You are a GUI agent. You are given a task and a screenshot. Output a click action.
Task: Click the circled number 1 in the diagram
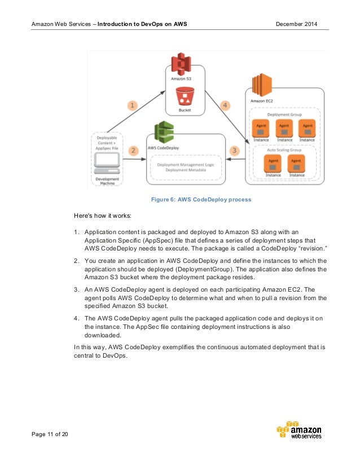click(x=132, y=105)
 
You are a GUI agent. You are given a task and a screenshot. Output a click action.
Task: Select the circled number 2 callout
click(x=134, y=151)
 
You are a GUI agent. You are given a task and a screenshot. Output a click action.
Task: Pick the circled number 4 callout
click(x=225, y=105)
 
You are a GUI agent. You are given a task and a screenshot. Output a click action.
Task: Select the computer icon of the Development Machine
click(x=107, y=163)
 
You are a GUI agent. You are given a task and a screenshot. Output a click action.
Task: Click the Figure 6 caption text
click(x=200, y=199)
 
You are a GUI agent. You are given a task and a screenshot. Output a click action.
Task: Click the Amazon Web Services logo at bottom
click(x=299, y=431)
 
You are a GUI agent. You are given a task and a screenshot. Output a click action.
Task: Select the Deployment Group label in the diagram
click(x=284, y=113)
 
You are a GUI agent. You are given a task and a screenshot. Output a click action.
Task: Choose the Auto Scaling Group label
click(x=284, y=150)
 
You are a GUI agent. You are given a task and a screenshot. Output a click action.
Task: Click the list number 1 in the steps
click(x=76, y=232)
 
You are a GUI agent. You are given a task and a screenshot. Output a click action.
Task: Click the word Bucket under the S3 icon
click(x=185, y=110)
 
